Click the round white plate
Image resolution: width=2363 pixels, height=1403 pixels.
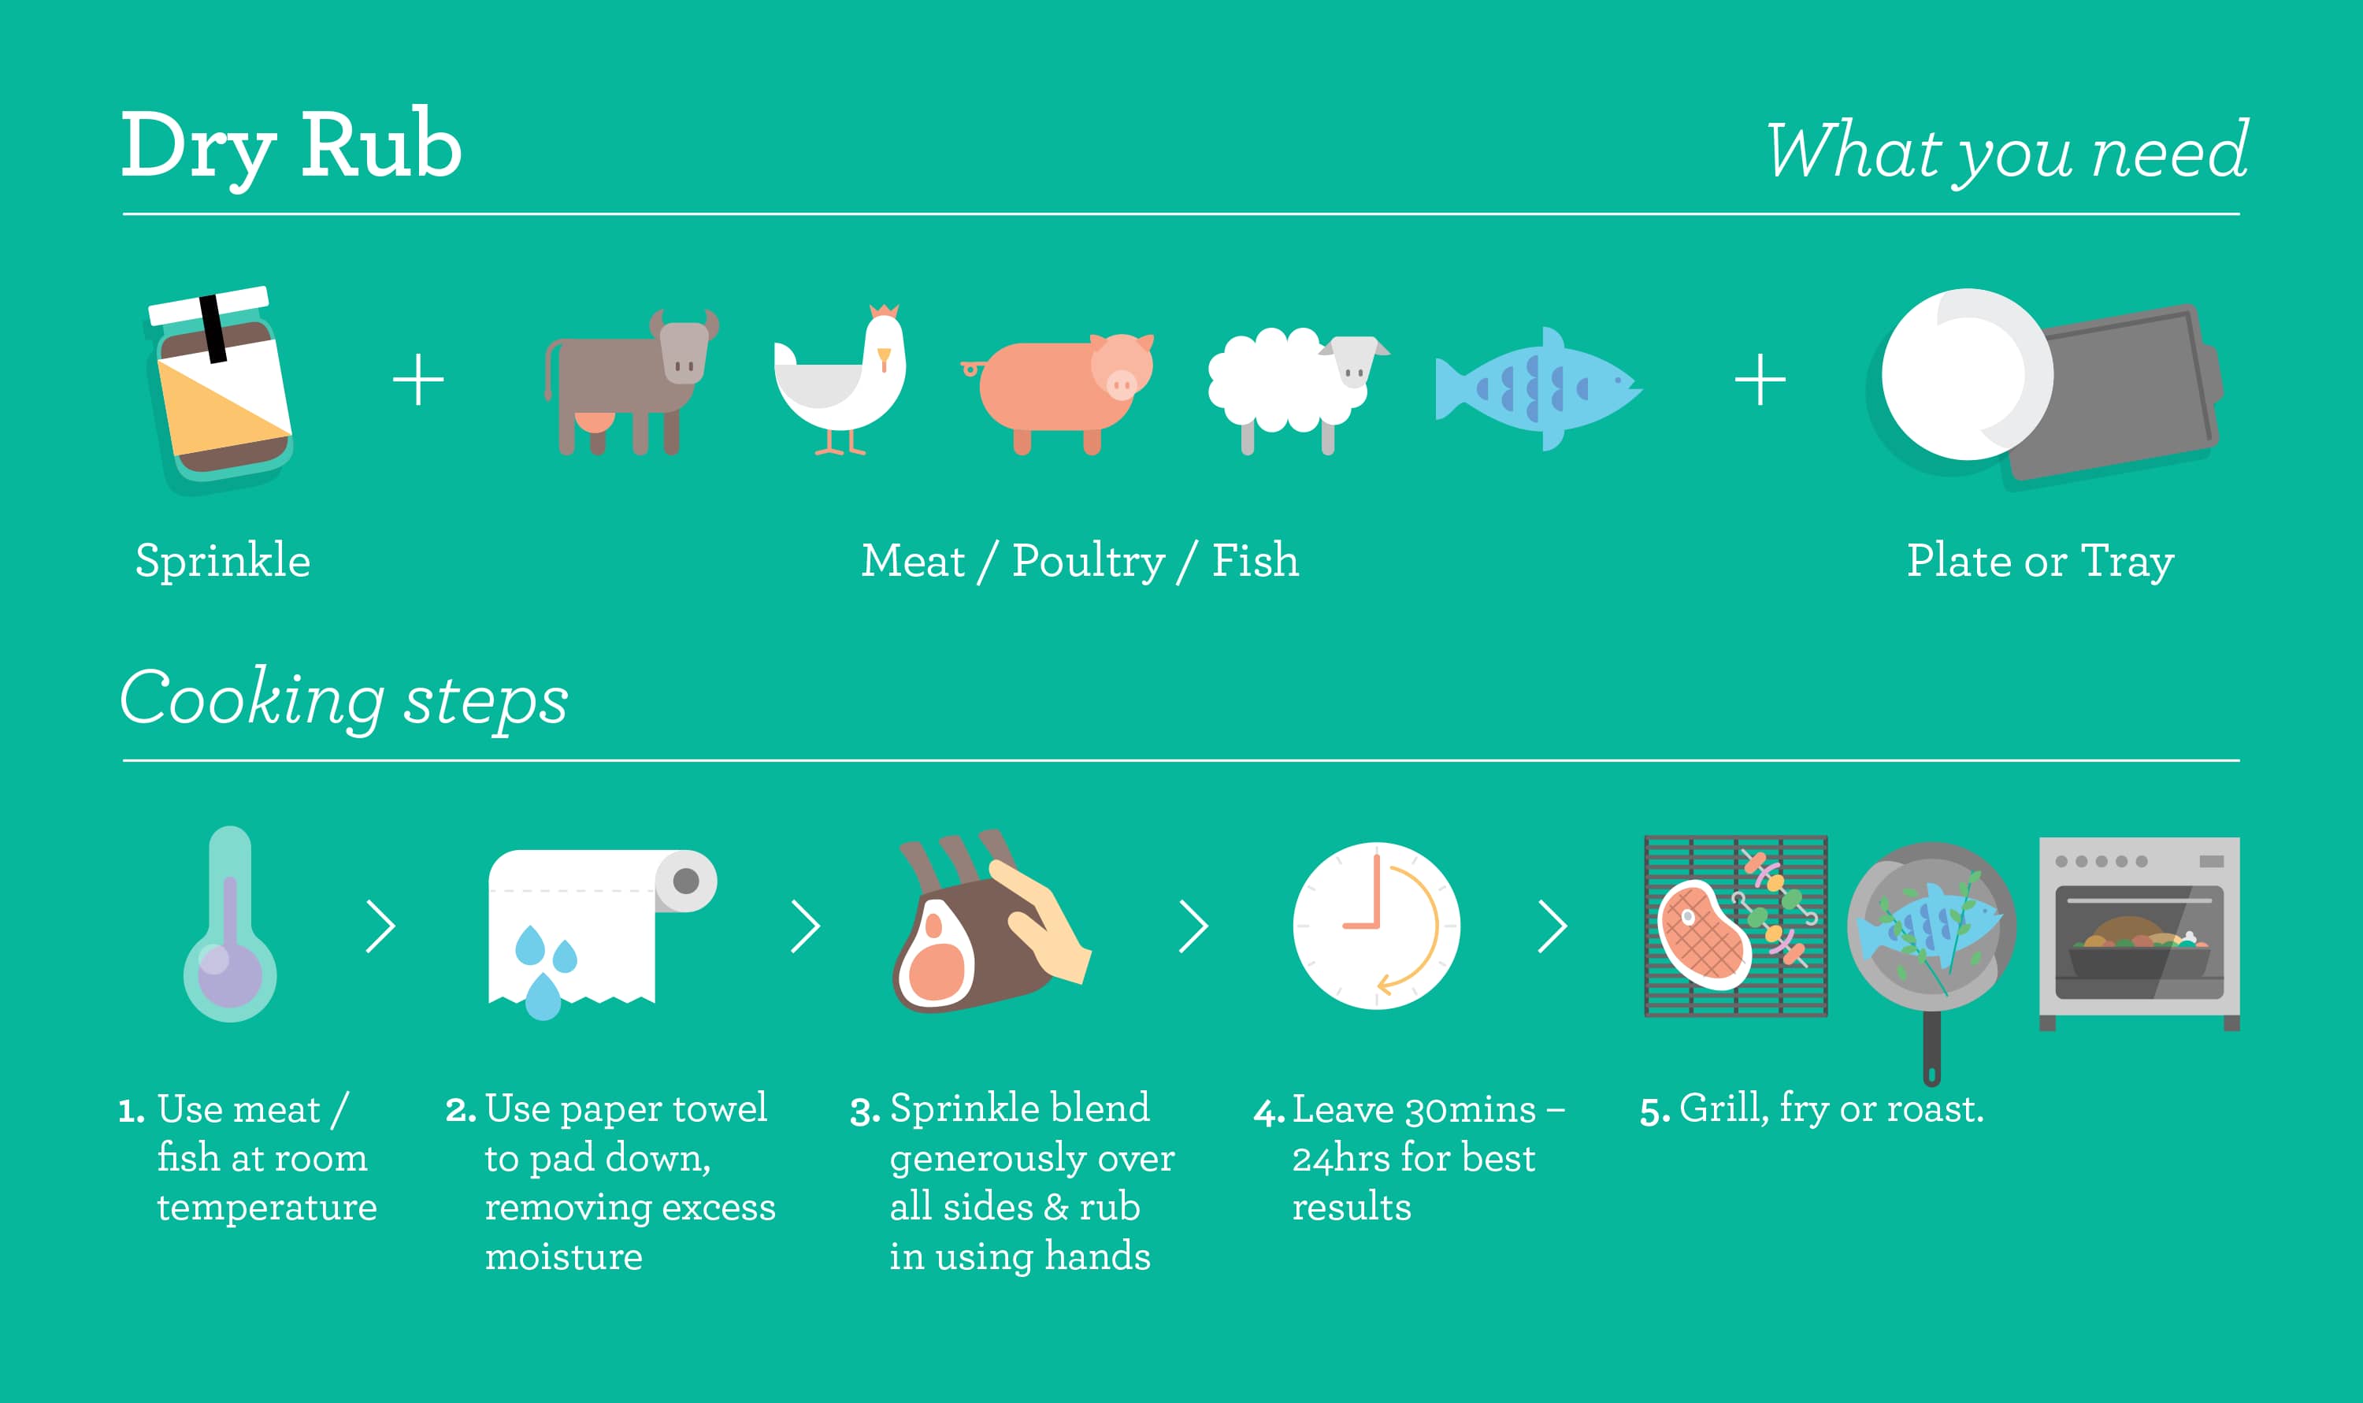(x=1966, y=374)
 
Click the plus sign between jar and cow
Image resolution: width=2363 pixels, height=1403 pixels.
(x=417, y=380)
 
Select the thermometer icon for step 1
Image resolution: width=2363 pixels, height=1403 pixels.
(x=230, y=924)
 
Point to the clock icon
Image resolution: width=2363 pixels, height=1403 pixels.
(x=1376, y=926)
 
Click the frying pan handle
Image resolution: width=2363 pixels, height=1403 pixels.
(x=1932, y=1048)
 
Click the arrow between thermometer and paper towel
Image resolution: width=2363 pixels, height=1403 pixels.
(x=381, y=926)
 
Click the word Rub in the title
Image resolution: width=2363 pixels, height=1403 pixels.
(x=381, y=145)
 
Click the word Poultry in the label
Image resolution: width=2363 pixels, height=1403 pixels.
(x=1088, y=562)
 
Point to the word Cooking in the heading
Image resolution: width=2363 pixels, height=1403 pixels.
(x=251, y=700)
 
